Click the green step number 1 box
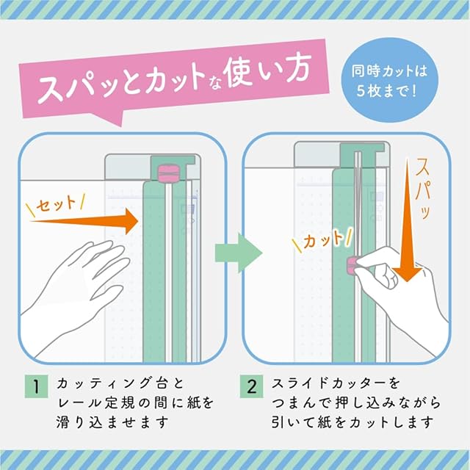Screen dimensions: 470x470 pyautogui.click(x=36, y=386)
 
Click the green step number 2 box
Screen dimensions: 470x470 pyautogui.click(x=251, y=386)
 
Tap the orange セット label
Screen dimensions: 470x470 pyautogui.click(x=56, y=205)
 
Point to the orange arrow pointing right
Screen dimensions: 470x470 pyautogui.click(x=84, y=222)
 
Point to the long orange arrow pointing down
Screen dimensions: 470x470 pyautogui.click(x=407, y=220)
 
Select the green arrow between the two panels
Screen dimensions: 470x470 pyautogui.click(x=239, y=253)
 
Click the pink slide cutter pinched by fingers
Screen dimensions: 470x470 pyautogui.click(x=351, y=266)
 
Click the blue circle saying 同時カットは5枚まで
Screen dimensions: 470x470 pyautogui.click(x=390, y=80)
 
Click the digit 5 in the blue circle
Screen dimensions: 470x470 pyautogui.click(x=361, y=90)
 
